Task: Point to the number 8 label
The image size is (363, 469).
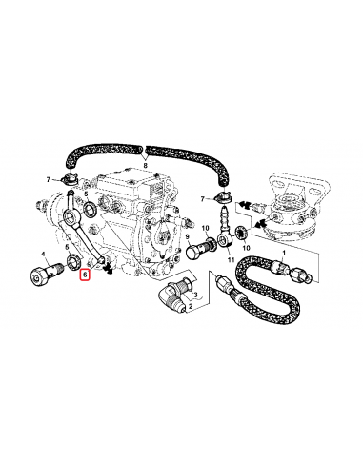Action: tap(145, 165)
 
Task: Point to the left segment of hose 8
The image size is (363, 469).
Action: tap(96, 150)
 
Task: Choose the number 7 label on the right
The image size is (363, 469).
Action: tap(202, 198)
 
